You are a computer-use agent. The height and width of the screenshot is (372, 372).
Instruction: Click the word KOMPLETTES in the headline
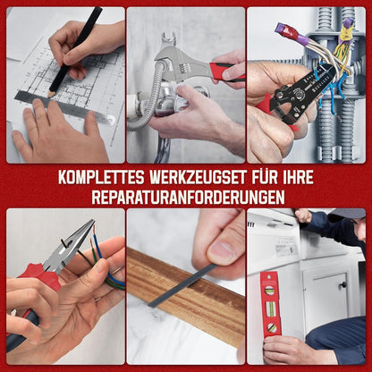(101, 177)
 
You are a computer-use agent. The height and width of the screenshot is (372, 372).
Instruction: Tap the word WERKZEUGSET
(199, 177)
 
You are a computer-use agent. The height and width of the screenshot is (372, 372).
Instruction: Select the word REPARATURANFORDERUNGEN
(188, 197)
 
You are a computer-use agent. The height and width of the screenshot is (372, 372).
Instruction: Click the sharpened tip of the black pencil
(50, 96)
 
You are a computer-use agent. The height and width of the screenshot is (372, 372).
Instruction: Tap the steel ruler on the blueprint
(64, 107)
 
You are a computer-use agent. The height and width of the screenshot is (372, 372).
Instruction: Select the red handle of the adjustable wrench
(226, 72)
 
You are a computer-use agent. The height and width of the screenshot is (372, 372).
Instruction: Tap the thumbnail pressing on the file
(221, 249)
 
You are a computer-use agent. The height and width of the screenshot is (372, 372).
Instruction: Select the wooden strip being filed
(185, 293)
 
